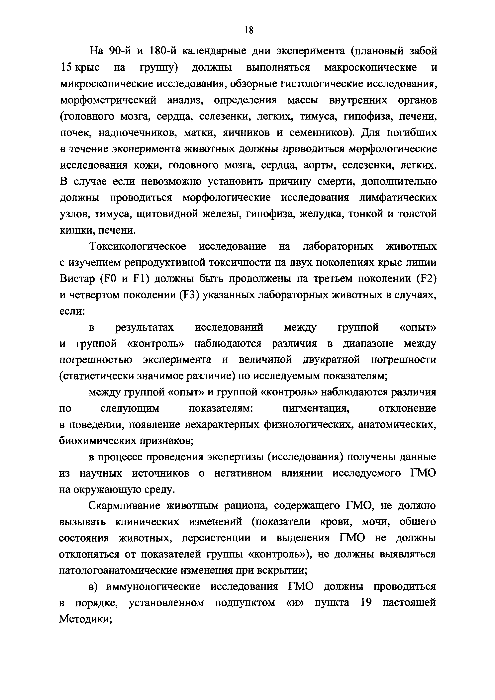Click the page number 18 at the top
pos(248,30)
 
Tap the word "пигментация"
pos(316,409)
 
